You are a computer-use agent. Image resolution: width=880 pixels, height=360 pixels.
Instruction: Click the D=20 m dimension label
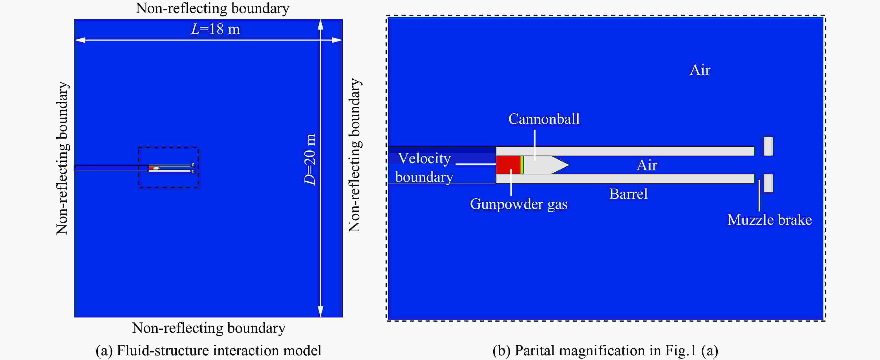coord(310,160)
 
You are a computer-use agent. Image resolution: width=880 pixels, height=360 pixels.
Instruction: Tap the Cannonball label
coord(544,119)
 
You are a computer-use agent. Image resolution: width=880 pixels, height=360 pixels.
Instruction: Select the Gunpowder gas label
coord(519,204)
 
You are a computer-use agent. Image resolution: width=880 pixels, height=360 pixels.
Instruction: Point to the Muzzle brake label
coord(770,220)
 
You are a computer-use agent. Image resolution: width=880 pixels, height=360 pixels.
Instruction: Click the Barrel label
coord(629,194)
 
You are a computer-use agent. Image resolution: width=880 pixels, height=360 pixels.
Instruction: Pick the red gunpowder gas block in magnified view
coord(508,165)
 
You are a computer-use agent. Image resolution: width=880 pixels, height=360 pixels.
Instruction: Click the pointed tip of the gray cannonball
coord(569,165)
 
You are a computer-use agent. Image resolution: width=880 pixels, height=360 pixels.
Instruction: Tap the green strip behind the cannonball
coord(522,165)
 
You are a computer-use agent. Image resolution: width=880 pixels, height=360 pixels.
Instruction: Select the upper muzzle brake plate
coord(768,146)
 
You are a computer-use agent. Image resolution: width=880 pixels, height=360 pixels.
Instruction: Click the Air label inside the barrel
coord(647,165)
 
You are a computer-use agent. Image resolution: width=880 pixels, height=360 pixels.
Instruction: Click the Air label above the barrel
coord(700,70)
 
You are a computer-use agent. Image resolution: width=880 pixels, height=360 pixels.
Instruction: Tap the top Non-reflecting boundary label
coord(213,8)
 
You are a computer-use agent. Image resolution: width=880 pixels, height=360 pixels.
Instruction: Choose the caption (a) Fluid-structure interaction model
coord(208,351)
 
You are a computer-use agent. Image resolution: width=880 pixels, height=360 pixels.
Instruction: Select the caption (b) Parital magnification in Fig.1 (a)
coord(605,351)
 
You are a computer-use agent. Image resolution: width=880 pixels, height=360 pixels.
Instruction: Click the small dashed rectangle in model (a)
coord(168,147)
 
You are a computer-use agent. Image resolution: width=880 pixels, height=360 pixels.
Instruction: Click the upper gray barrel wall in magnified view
coord(625,151)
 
